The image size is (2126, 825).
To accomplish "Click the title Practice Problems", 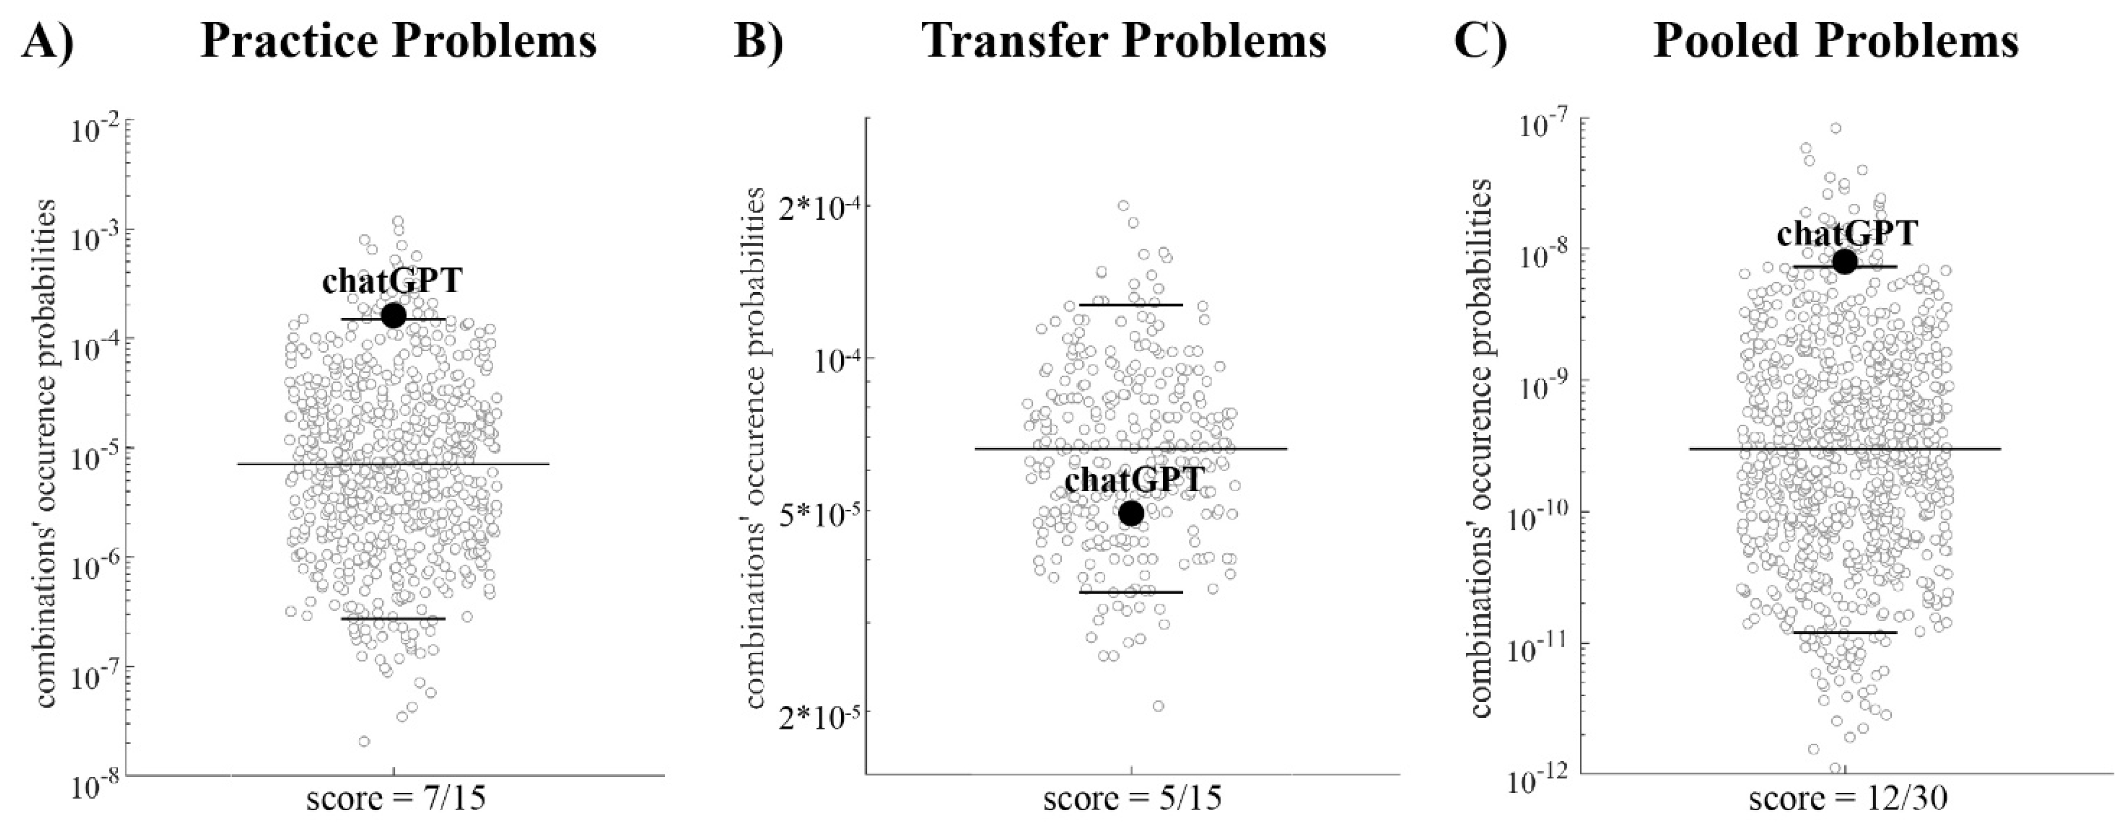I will coord(399,41).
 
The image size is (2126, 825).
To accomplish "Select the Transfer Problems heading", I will coord(1125,41).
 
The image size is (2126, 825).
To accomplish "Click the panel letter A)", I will coord(48,41).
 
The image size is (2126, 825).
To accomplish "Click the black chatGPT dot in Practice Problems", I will coord(393,315).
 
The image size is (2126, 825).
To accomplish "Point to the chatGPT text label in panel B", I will coord(1134,480).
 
